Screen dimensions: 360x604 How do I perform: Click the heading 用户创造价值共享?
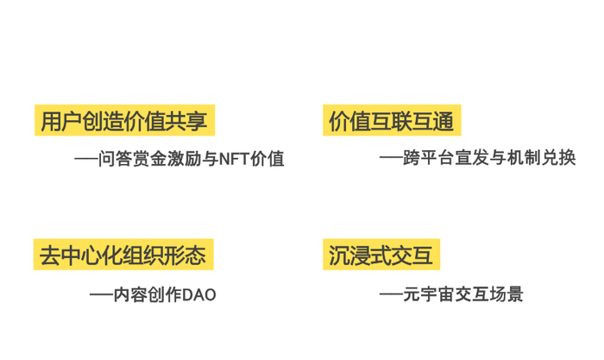pos(124,120)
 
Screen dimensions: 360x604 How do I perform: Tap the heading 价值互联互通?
pos(391,120)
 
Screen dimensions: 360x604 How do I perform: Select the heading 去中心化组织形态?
pos(124,256)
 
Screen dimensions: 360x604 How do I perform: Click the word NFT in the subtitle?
pos(232,159)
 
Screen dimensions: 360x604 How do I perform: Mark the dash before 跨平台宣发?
pos(391,159)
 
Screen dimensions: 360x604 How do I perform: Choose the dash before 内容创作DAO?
pos(101,295)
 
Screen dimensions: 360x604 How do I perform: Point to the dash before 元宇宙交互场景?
pos(391,295)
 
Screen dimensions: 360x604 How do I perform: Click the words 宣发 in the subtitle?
pos(483,159)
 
